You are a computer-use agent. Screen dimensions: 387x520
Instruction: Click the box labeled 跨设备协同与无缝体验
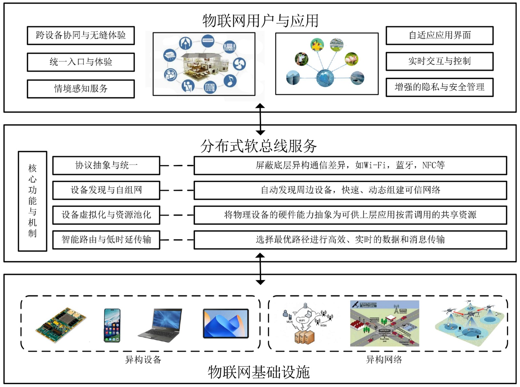[x=81, y=35]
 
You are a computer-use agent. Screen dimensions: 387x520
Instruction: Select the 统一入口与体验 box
[x=81, y=62]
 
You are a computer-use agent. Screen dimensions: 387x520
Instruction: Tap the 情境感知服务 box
[x=81, y=89]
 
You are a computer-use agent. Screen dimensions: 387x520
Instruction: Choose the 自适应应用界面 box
[x=439, y=35]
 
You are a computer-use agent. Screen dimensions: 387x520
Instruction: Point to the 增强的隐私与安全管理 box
[x=439, y=87]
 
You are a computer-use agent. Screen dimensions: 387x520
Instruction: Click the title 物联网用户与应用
[x=260, y=21]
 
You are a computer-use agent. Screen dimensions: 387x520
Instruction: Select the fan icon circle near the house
[x=239, y=63]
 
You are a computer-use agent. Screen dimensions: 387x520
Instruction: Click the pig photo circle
[x=352, y=59]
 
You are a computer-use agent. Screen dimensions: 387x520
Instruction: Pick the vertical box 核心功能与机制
[x=32, y=201]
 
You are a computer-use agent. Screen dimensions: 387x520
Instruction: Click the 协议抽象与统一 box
[x=106, y=165]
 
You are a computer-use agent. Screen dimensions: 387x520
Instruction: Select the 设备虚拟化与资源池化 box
[x=106, y=215]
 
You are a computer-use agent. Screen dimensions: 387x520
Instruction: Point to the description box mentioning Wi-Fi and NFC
[x=350, y=165]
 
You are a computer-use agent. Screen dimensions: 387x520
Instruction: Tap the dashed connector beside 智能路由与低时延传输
[x=177, y=240]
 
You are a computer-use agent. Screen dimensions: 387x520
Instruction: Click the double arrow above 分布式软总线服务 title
[x=260, y=119]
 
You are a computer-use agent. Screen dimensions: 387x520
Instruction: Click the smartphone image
[x=112, y=325]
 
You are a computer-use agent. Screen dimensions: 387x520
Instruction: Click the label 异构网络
[x=384, y=359]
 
